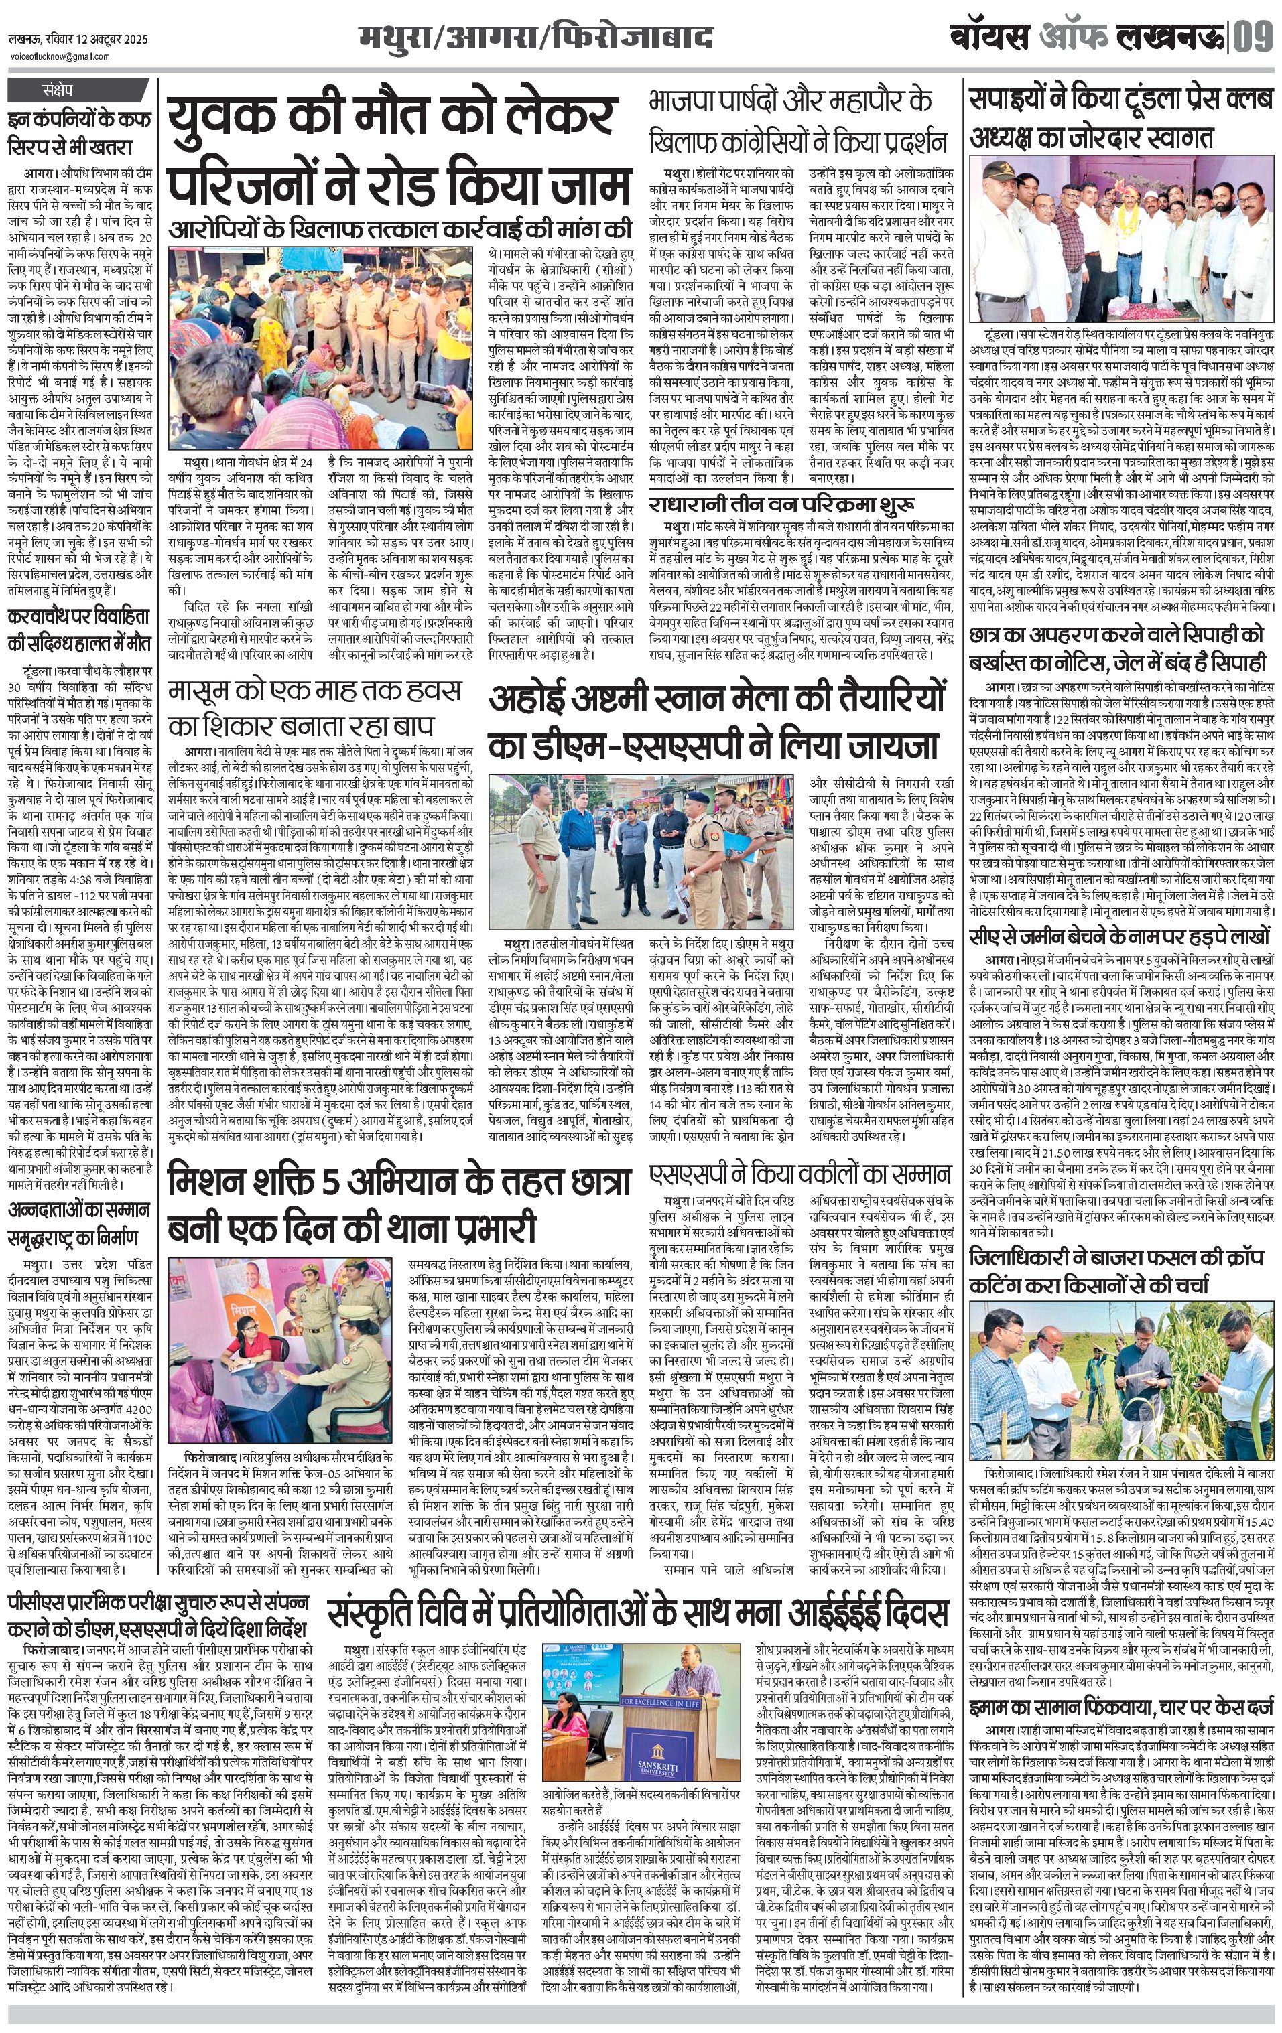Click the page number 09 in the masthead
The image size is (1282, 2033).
pos(1253,39)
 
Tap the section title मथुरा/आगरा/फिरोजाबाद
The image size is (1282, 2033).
pos(535,39)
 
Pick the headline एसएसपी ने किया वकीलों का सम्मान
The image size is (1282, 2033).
pos(799,1173)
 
